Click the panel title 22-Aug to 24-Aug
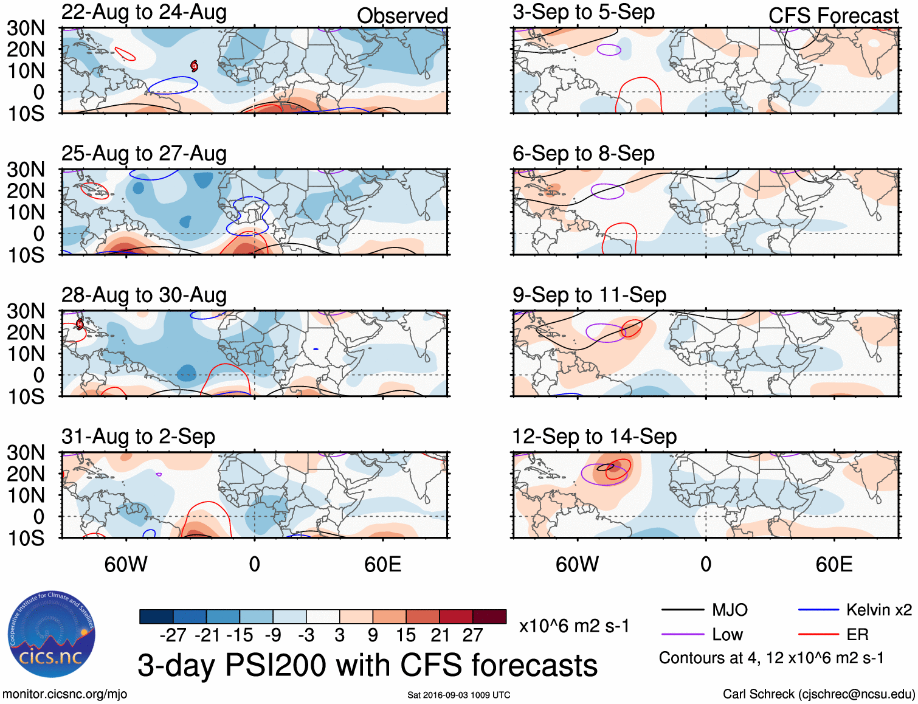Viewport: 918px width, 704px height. click(144, 12)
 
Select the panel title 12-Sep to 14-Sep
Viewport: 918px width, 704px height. click(594, 437)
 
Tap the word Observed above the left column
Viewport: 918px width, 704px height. click(402, 16)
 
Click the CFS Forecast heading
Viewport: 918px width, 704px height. click(833, 16)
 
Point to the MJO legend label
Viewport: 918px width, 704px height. click(730, 610)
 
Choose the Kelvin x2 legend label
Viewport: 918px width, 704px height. click(878, 610)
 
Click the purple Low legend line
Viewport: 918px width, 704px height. click(683, 635)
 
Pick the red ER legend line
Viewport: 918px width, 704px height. click(818, 635)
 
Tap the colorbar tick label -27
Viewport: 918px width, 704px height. click(173, 635)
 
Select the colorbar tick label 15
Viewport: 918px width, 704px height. click(406, 635)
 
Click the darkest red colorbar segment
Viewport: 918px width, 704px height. click(489, 616)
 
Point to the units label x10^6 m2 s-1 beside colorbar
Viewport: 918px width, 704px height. click(574, 626)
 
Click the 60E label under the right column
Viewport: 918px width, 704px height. click(833, 564)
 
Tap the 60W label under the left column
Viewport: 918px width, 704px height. click(126, 564)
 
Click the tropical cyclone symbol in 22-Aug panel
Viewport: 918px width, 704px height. click(194, 66)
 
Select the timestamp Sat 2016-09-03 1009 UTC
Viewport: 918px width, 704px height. click(458, 695)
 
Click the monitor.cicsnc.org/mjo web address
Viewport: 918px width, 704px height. click(64, 694)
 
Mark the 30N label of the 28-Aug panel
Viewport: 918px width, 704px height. click(26, 311)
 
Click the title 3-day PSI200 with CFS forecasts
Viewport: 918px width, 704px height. click(367, 665)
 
